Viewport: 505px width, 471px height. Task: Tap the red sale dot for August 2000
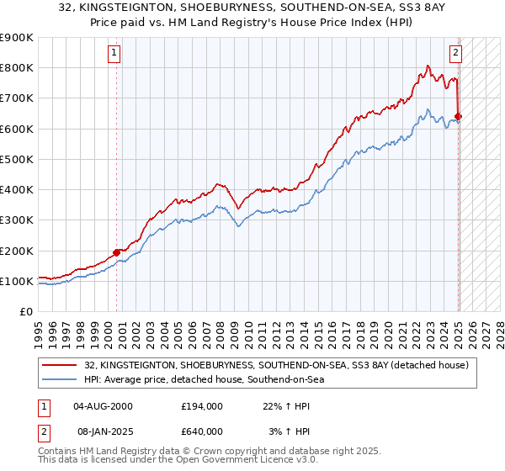[116, 251]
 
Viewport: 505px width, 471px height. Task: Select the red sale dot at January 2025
[459, 116]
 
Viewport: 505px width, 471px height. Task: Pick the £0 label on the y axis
[26, 311]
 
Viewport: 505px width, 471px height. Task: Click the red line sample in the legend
[60, 365]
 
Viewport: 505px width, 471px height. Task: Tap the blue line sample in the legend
[60, 380]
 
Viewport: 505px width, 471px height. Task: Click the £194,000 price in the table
[202, 405]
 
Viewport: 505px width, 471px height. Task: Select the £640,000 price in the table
[202, 431]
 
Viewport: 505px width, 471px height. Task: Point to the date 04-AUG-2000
[103, 405]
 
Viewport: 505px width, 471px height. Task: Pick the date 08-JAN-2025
[103, 431]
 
